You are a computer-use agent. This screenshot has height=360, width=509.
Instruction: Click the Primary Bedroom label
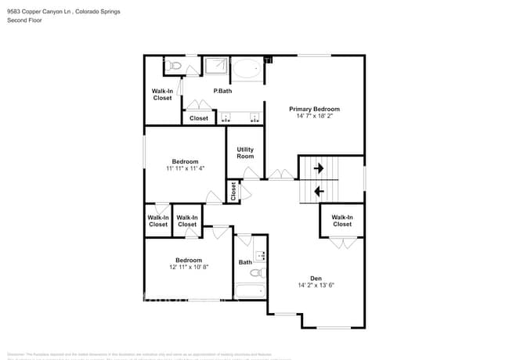pos(314,109)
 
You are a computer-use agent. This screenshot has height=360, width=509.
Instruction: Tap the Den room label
pos(316,279)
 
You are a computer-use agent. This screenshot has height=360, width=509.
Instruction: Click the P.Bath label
pos(222,92)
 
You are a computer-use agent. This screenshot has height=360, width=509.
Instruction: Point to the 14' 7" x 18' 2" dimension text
pos(314,117)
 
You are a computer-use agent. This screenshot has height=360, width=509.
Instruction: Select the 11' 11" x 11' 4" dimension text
pos(185,168)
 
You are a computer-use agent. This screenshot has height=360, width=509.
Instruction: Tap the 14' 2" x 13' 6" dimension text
pos(316,286)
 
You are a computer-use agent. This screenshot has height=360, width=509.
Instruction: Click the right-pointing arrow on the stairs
pos(319,167)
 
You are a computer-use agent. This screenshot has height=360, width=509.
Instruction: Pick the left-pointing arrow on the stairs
pos(319,190)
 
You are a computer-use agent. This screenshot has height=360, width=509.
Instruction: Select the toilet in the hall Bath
pos(254,273)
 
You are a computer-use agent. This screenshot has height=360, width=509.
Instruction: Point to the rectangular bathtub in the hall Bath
pos(251,292)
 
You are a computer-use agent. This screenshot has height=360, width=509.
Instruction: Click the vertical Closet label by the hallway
pos(233,191)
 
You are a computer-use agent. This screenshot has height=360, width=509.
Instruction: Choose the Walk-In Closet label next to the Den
pos(341,221)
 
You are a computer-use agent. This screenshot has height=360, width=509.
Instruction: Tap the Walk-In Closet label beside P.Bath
pos(162,94)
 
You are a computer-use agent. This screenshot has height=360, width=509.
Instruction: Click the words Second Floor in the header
pos(24,20)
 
